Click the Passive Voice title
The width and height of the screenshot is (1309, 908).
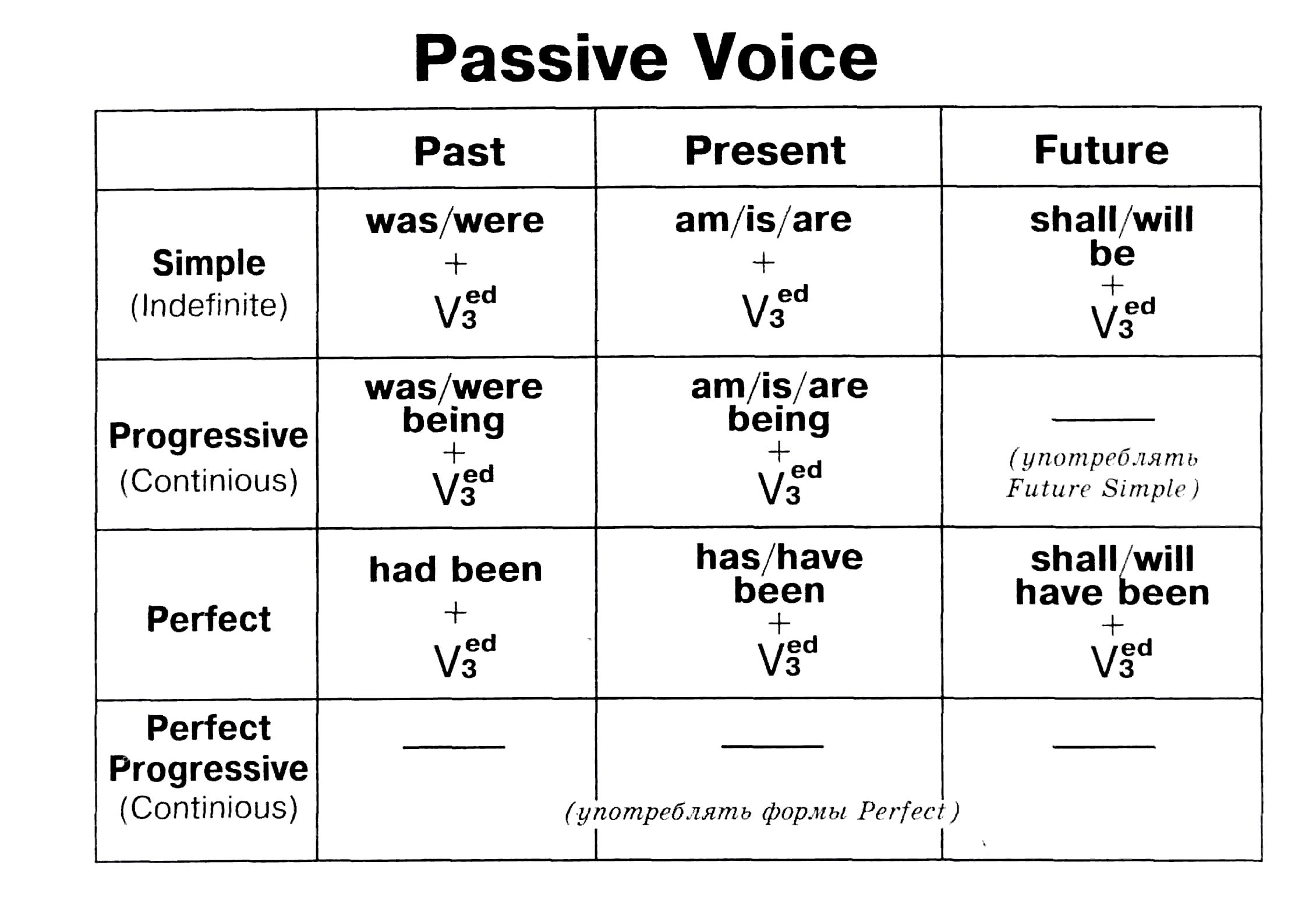click(x=645, y=58)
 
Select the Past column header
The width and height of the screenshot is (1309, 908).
click(x=459, y=151)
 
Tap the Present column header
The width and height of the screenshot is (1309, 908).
click(x=765, y=150)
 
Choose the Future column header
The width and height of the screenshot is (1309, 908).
click(x=1101, y=150)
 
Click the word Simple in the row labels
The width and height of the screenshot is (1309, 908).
click(x=208, y=263)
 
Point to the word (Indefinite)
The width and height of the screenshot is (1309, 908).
click(x=209, y=305)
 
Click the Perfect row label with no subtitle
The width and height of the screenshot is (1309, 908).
click(x=208, y=619)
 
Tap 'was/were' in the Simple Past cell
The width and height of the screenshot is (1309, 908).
click(x=455, y=221)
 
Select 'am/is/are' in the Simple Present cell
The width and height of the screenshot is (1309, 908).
click(x=763, y=220)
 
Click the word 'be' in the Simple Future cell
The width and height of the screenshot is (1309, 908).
click(x=1112, y=253)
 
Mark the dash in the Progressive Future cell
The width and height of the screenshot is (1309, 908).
click(x=1103, y=419)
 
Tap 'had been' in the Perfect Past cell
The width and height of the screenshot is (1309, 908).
click(x=455, y=569)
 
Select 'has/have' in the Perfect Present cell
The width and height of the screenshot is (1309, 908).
click(x=779, y=557)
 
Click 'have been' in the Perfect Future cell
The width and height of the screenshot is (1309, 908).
click(x=1112, y=593)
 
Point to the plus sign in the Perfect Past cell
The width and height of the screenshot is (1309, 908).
click(x=455, y=613)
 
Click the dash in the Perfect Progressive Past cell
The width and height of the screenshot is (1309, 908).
click(x=454, y=747)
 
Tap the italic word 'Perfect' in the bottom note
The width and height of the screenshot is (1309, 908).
click(x=902, y=811)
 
